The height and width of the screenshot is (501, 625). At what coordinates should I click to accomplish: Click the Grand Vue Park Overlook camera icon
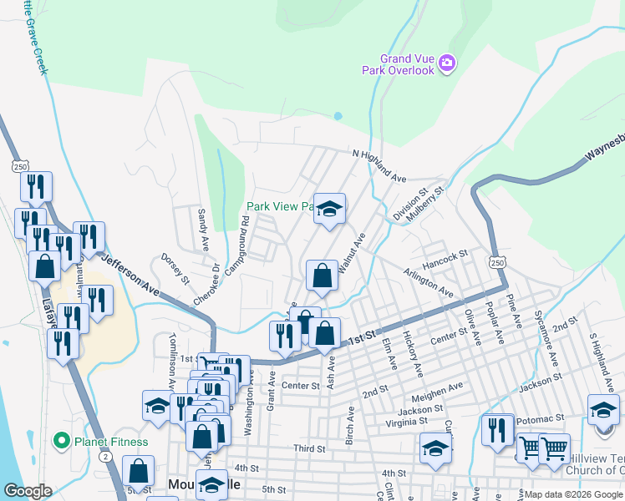tap(446, 63)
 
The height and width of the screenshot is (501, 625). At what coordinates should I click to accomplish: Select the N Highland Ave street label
tap(379, 166)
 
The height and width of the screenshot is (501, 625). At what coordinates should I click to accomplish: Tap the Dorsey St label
tap(175, 268)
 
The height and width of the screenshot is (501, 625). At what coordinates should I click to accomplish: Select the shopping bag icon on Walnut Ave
tap(322, 275)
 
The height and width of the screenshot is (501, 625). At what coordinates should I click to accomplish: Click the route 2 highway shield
tap(105, 457)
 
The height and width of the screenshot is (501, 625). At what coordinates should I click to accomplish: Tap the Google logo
tap(28, 491)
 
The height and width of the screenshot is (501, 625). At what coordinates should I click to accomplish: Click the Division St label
tap(410, 205)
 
